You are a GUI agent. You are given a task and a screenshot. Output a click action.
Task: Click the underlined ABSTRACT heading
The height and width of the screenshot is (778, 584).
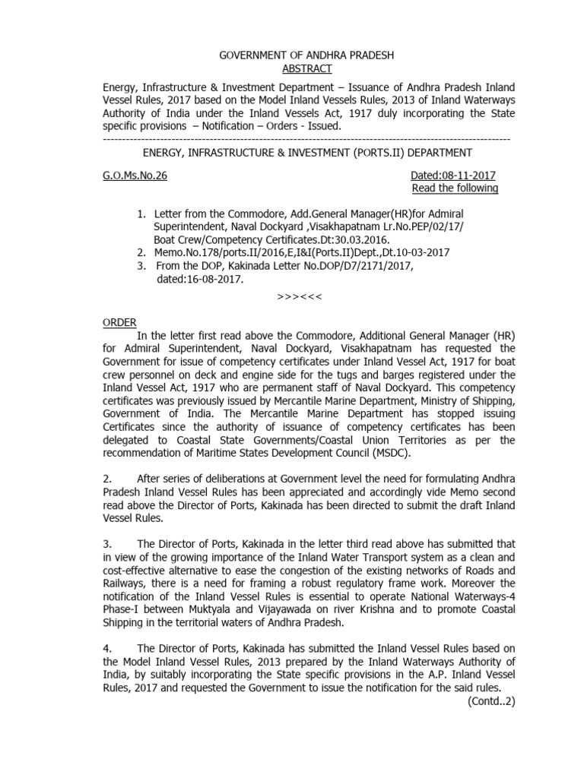pyautogui.click(x=308, y=68)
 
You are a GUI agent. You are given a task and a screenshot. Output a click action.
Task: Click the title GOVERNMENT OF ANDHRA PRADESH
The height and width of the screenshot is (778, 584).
pyautogui.click(x=307, y=55)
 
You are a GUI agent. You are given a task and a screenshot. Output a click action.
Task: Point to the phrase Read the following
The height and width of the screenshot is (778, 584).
pyautogui.click(x=455, y=188)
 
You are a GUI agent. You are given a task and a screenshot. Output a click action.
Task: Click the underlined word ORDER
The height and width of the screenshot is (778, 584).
pyautogui.click(x=119, y=322)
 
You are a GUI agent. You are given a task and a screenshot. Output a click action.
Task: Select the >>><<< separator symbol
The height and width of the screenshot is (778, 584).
pyautogui.click(x=302, y=296)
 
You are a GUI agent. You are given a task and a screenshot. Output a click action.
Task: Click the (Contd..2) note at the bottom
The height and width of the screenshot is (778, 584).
pyautogui.click(x=491, y=701)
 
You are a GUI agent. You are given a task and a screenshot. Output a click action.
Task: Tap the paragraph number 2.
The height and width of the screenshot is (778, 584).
pyautogui.click(x=107, y=478)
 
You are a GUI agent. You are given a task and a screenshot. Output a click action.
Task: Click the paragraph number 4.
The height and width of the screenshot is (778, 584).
pyautogui.click(x=107, y=647)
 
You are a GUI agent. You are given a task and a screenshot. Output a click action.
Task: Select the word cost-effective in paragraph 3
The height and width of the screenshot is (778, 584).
pyautogui.click(x=134, y=570)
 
